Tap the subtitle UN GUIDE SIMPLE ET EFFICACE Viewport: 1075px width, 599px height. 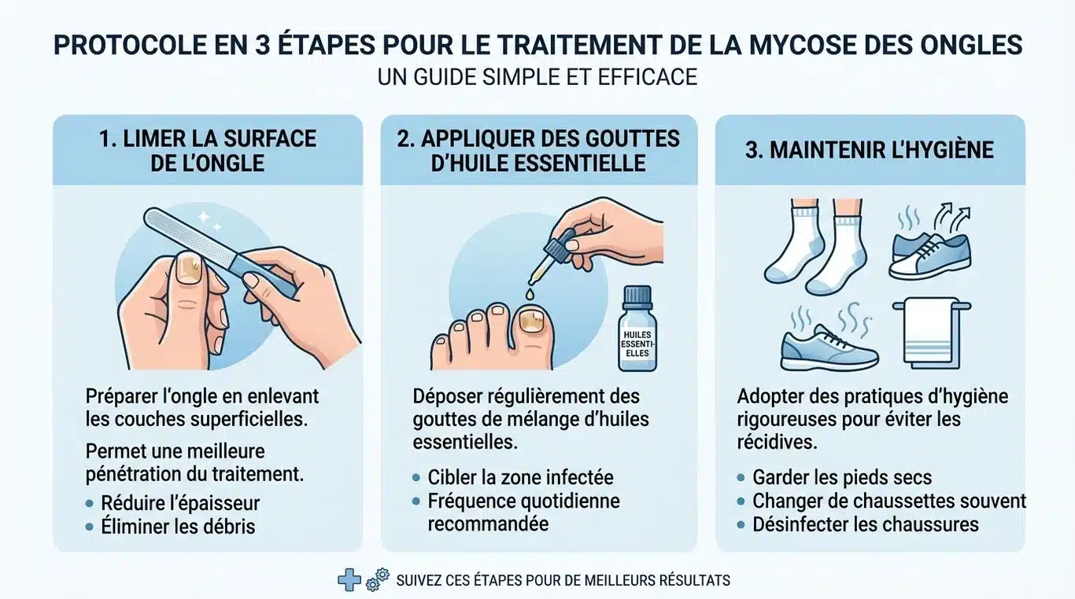537,77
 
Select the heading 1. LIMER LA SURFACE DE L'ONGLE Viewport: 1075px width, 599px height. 208,150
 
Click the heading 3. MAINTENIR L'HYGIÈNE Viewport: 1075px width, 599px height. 870,149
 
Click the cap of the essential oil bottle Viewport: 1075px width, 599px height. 637,296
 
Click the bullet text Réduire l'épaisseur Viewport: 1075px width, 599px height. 180,502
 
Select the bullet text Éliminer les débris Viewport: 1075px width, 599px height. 178,526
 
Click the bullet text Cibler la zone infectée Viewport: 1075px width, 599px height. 520,477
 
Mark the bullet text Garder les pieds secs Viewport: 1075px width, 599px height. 841,477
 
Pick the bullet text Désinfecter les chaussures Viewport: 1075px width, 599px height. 865,524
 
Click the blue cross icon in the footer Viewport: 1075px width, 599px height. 349,581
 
